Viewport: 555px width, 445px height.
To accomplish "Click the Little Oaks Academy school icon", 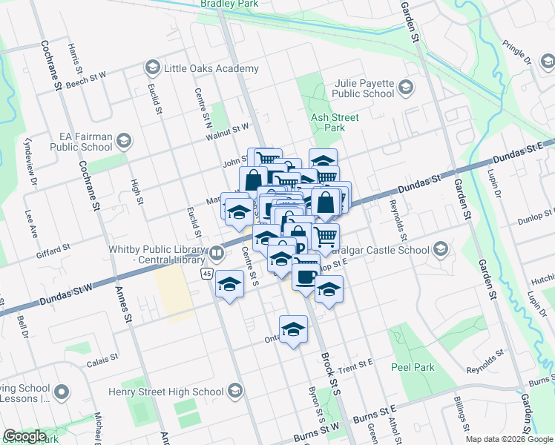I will (153, 68).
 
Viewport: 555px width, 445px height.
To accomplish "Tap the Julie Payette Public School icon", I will (405, 89).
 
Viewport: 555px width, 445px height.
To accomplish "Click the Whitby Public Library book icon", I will (217, 253).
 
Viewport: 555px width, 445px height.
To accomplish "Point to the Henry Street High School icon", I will (235, 391).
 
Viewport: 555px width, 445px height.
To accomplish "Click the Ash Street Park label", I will (335, 122).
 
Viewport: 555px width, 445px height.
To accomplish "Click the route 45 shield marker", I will (206, 274).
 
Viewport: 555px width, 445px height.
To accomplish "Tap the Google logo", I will (24, 436).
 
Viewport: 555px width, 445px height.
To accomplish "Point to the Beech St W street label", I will (87, 77).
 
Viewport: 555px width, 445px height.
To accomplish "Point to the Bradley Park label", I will (229, 4).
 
